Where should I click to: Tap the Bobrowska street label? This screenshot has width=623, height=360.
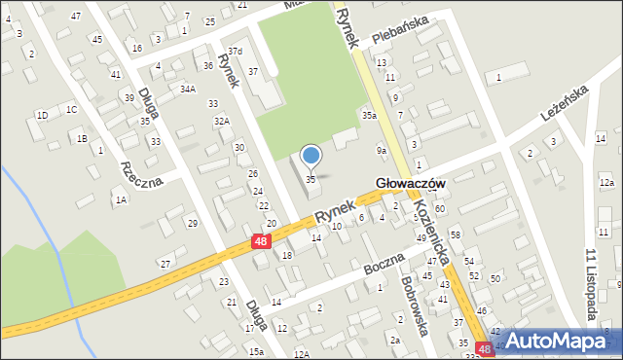click(416, 306)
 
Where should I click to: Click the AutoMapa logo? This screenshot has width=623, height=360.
click(564, 341)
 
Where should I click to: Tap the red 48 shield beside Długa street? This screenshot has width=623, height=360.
click(260, 240)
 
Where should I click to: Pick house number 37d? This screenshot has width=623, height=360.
click(235, 51)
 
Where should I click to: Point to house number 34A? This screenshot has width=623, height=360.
click(188, 89)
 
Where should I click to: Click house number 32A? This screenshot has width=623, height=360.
click(222, 121)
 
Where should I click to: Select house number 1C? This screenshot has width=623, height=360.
click(71, 109)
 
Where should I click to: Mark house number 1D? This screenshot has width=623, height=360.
click(42, 116)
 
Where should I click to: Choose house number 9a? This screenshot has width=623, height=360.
click(383, 151)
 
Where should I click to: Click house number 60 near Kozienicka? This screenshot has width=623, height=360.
click(440, 209)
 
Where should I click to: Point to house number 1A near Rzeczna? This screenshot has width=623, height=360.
click(121, 199)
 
